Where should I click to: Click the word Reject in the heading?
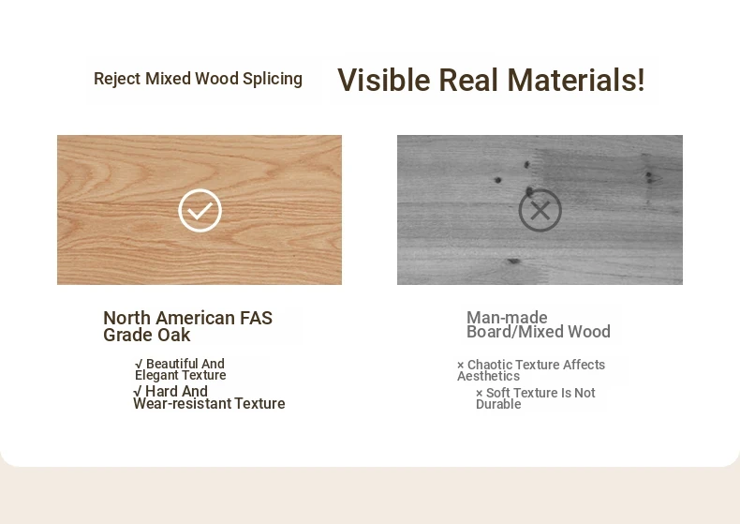point(117,79)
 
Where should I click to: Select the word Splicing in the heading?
point(273,79)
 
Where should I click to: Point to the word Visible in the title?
point(384,80)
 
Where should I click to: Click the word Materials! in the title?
point(576,80)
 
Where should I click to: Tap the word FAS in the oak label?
point(256,318)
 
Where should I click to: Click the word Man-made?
point(507,317)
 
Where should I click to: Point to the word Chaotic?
point(491,365)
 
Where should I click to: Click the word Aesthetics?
point(488,376)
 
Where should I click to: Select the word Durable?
point(498,405)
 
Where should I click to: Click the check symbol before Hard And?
point(138,391)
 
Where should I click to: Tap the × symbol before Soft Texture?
point(479,394)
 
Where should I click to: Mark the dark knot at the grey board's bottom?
point(514,261)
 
